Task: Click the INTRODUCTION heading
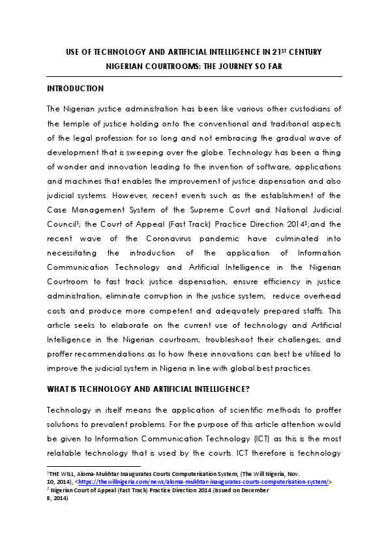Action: click(75, 88)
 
